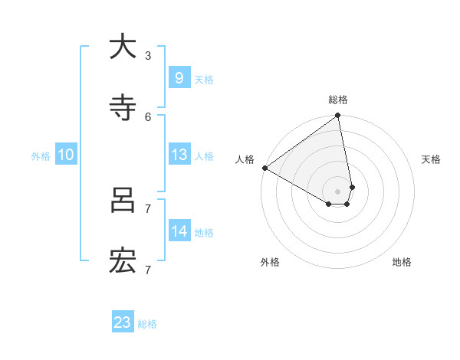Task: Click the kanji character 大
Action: (x=123, y=47)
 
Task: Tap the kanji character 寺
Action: (x=123, y=108)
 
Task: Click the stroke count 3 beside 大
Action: (x=147, y=55)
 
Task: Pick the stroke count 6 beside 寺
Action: (x=147, y=116)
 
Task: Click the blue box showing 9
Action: (x=179, y=77)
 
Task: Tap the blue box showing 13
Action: (x=179, y=155)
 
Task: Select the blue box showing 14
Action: (x=179, y=231)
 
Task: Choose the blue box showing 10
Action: (x=66, y=155)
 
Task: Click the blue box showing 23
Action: (x=123, y=322)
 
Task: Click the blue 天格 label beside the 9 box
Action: (x=204, y=79)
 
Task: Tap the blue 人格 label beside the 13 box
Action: (x=204, y=155)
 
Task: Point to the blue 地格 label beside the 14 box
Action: (x=204, y=232)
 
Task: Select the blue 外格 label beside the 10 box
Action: (x=41, y=155)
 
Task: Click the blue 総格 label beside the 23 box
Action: (x=147, y=324)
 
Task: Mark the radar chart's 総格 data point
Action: (x=338, y=116)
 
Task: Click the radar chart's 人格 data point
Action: (x=265, y=168)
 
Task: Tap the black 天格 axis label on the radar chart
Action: (x=432, y=159)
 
